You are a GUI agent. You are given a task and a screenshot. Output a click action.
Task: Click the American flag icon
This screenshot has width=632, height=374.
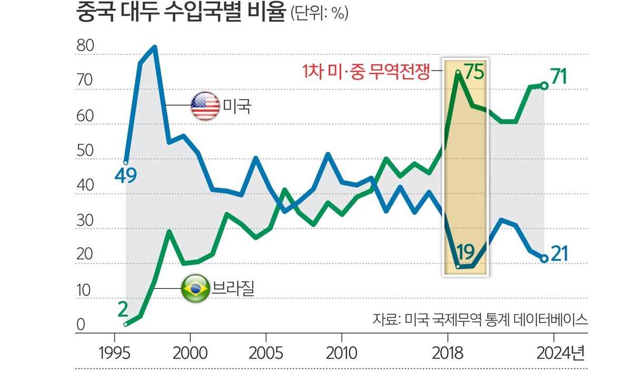pos(205,106)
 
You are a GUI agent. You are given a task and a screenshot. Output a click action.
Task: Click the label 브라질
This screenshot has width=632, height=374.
pos(233,288)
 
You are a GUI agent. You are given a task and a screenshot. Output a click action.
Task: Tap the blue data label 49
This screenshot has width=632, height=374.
pos(126,175)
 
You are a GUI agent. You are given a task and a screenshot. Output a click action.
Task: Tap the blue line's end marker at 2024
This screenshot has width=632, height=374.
pos(544,258)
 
